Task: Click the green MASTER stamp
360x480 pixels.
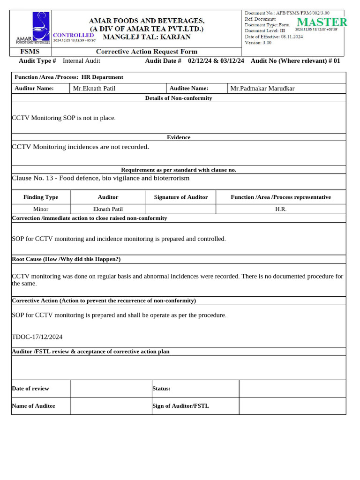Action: point(322,22)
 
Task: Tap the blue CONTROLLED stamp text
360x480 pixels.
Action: point(74,35)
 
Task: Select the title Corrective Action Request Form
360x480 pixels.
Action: point(147,52)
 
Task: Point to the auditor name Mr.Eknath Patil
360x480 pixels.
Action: point(94,88)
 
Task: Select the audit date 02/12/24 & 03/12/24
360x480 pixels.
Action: point(216,61)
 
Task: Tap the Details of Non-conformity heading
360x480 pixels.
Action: point(179,98)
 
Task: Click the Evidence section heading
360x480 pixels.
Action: point(179,137)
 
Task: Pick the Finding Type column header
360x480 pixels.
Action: point(41,197)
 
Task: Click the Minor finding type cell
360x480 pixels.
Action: point(41,209)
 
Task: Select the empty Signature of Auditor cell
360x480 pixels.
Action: point(181,209)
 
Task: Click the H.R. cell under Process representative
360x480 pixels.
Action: point(281,209)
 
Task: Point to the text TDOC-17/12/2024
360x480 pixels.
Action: point(37,337)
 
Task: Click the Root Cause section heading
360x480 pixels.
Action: point(66,259)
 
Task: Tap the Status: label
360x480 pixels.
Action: point(161,389)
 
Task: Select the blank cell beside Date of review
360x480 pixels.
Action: point(111,389)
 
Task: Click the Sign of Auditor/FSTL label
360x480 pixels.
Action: point(180,406)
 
